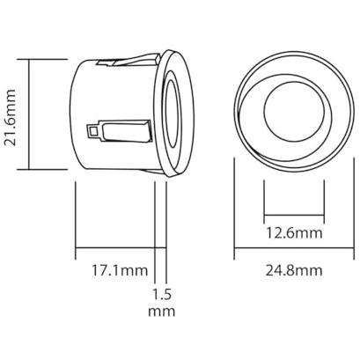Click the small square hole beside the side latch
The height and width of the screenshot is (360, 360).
click(x=93, y=132)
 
